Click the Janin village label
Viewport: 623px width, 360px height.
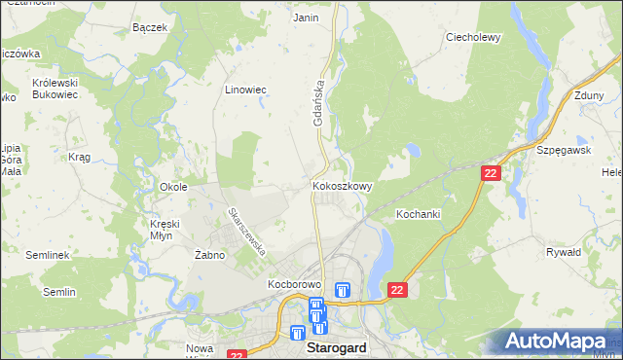[306, 18]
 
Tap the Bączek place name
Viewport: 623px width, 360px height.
[150, 27]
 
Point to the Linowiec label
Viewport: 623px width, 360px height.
[245, 90]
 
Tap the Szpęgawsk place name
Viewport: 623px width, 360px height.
[565, 151]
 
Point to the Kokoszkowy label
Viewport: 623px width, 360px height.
[340, 185]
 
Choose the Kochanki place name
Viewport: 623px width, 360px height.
[420, 213]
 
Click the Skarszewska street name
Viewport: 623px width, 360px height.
[247, 231]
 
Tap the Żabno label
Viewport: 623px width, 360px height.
[209, 255]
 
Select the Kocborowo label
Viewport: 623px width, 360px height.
[295, 285]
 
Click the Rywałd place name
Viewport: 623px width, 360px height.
[564, 251]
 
